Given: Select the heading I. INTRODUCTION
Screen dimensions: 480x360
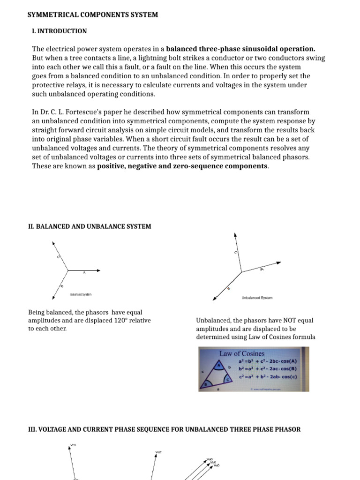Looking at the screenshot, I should click(59, 31).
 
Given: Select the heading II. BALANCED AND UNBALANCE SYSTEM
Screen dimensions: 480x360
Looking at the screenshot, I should click(90, 226).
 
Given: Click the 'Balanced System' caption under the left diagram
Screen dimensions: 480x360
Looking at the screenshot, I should click(81, 294).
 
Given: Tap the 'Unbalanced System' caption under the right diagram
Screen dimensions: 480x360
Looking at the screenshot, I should click(257, 298).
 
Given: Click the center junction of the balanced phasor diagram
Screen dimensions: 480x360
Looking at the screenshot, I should click(68, 270).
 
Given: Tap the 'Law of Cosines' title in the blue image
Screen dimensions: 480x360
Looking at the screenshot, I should click(242, 353).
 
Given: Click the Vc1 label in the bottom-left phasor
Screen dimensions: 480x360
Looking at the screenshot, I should click(73, 445).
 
